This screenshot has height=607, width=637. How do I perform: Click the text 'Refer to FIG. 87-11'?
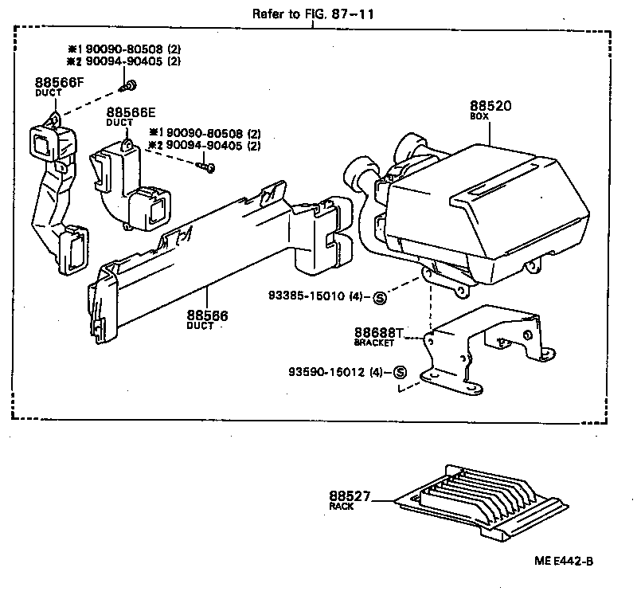pyautogui.click(x=312, y=14)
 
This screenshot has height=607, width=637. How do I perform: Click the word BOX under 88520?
pyautogui.click(x=479, y=116)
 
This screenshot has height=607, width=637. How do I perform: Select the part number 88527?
pyautogui.click(x=350, y=496)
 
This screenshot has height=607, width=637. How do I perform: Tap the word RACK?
pyautogui.click(x=340, y=506)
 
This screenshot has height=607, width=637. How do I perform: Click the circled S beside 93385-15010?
pyautogui.click(x=379, y=298)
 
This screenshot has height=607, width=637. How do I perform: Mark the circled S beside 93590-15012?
pyautogui.click(x=399, y=372)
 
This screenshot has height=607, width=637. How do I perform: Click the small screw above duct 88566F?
pyautogui.click(x=126, y=85)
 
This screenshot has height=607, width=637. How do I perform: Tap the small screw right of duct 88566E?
pyautogui.click(x=209, y=167)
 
